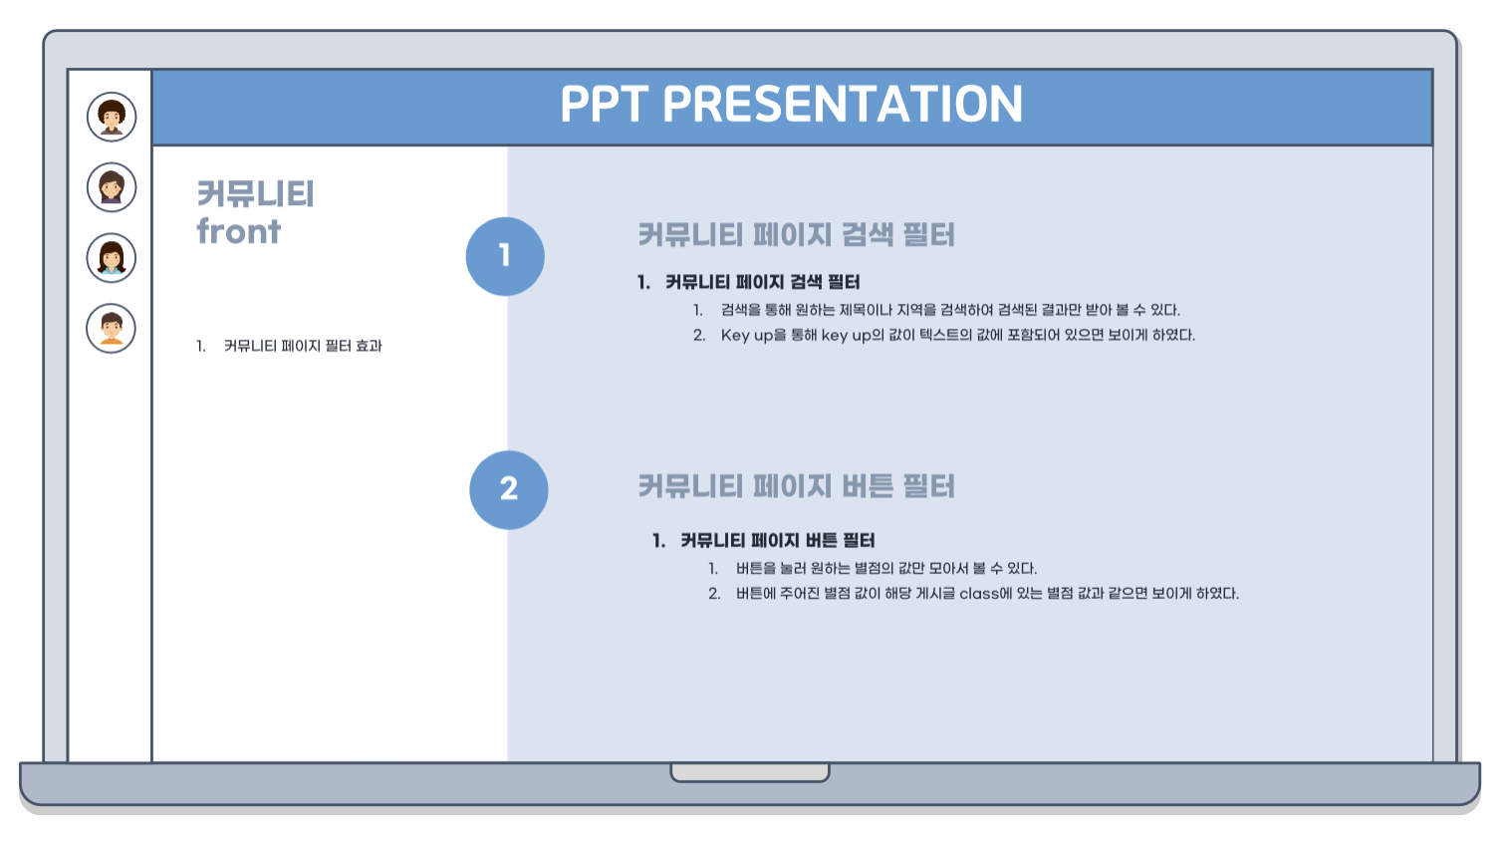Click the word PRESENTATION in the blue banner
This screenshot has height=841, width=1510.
tap(843, 104)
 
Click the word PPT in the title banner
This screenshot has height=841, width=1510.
tap(604, 104)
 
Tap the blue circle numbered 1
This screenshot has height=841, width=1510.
tap(505, 256)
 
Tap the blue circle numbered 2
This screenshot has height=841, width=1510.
tap(509, 490)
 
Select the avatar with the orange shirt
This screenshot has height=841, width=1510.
tap(112, 329)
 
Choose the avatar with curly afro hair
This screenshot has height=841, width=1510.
tap(112, 117)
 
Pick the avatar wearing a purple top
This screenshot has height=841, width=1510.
tap(112, 187)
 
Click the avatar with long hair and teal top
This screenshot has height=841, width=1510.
tap(112, 258)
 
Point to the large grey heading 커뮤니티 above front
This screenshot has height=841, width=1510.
tap(256, 194)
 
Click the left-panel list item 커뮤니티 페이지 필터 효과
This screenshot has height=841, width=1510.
tap(303, 346)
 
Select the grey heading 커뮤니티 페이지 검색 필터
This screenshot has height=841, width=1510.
tap(796, 235)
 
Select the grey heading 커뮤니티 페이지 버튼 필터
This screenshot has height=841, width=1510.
tap(796, 486)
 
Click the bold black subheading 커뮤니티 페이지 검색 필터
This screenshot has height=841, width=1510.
tap(762, 282)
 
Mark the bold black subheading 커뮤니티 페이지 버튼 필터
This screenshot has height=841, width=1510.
tap(777, 540)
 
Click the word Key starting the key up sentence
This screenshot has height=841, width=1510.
tap(735, 335)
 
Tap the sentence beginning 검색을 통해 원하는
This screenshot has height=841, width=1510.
tap(950, 310)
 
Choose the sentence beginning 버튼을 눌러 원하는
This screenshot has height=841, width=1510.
tap(886, 569)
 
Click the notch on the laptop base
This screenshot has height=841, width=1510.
tap(750, 773)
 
